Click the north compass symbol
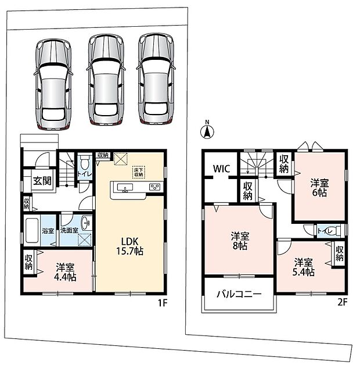[x=207, y=130]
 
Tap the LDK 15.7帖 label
[x=129, y=247]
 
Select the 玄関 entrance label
[x=42, y=181]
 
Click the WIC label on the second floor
[x=221, y=169]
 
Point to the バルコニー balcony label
[x=239, y=294]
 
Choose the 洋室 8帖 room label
[x=240, y=241]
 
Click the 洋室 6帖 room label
[x=319, y=188]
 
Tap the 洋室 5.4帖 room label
[x=303, y=267]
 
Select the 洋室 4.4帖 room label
[x=65, y=272]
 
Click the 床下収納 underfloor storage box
[x=139, y=172]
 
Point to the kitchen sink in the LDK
[x=125, y=187]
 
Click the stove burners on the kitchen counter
[x=155, y=187]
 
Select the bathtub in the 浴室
[x=32, y=230]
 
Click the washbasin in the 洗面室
[x=85, y=223]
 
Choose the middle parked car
[x=106, y=80]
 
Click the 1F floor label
[x=163, y=303]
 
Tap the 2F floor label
[x=342, y=302]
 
